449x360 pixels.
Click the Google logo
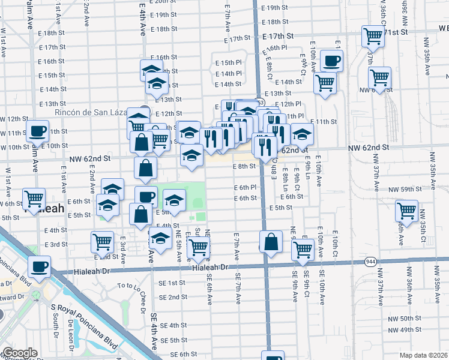tap(20, 353)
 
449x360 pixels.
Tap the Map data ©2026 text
tap(424, 355)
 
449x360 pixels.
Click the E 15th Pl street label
tap(228, 63)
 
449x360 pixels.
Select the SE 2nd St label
tap(173, 297)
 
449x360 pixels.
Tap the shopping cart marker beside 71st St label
tap(373, 35)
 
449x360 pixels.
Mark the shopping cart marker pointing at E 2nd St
tap(103, 242)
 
